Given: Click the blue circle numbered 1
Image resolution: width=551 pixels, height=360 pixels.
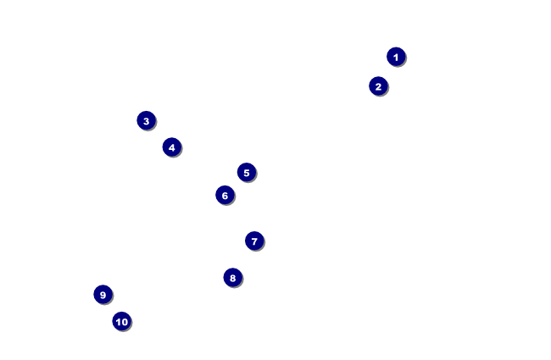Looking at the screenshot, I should click(396, 57).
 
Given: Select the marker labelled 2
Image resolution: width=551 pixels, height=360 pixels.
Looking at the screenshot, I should click(378, 86).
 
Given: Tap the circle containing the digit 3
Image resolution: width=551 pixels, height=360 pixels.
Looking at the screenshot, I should click(146, 120).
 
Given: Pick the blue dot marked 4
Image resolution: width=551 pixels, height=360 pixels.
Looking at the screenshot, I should click(171, 147).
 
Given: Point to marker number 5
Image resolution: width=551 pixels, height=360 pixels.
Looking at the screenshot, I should click(246, 172).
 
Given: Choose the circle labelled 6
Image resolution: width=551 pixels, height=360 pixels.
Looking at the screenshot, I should click(224, 196).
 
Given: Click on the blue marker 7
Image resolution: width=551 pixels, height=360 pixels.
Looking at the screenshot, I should click(254, 241).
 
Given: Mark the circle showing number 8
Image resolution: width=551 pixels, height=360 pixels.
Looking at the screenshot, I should click(232, 277).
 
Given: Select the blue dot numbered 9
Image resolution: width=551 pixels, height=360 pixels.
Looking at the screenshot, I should click(103, 294).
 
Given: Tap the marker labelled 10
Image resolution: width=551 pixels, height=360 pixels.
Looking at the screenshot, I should click(121, 321).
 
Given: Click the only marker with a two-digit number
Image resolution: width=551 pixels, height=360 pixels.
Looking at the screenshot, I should click(121, 321).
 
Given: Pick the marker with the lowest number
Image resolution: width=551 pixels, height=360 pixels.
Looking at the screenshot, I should click(396, 57).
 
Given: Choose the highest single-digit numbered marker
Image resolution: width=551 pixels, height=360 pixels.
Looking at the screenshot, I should click(103, 294).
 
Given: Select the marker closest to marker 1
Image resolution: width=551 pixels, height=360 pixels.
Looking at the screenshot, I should click(378, 86).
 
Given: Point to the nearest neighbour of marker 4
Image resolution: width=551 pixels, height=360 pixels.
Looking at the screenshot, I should click(146, 120).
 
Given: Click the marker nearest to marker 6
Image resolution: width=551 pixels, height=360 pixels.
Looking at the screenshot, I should click(246, 172).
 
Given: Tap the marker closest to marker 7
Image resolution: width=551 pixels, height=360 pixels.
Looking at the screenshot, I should click(232, 277).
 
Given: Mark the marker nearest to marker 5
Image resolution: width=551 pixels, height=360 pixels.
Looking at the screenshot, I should click(224, 196).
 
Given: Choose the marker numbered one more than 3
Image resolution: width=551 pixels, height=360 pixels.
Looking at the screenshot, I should click(171, 147).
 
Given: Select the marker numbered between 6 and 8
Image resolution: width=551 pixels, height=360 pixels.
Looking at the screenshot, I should click(254, 241).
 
